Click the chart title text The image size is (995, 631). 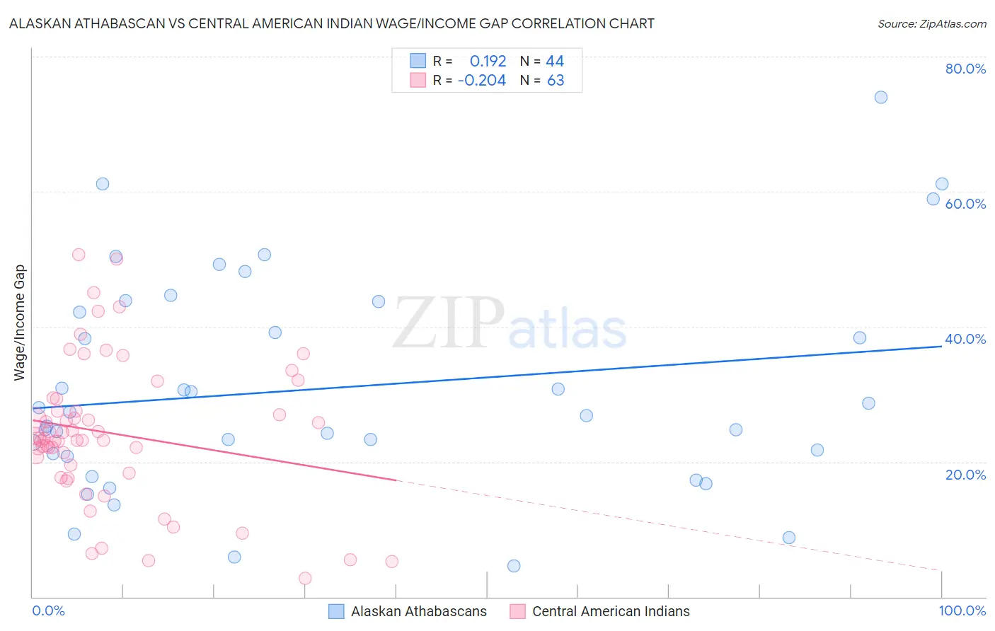coord(331,23)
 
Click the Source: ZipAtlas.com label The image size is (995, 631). coord(931,23)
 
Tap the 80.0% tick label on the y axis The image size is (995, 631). coord(965,69)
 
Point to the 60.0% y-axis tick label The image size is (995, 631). coord(965,204)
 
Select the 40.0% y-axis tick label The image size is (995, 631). coord(965,339)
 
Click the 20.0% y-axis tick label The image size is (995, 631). coord(965,475)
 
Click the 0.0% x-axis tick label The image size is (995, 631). coord(48,610)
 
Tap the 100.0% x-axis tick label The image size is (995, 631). coord(962,610)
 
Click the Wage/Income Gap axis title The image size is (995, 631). coord(19,323)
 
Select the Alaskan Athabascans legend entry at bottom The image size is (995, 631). coord(418,611)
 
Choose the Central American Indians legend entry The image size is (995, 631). coord(610,611)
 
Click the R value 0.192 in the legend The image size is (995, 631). coord(488,62)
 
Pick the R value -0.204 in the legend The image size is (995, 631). coord(482,81)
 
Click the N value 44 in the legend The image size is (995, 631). coord(555,62)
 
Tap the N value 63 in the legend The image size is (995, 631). coord(556,81)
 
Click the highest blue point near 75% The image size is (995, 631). coord(880,98)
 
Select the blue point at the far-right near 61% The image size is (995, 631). coord(942,184)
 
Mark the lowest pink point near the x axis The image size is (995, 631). coord(305,579)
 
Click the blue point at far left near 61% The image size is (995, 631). coord(103,184)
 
